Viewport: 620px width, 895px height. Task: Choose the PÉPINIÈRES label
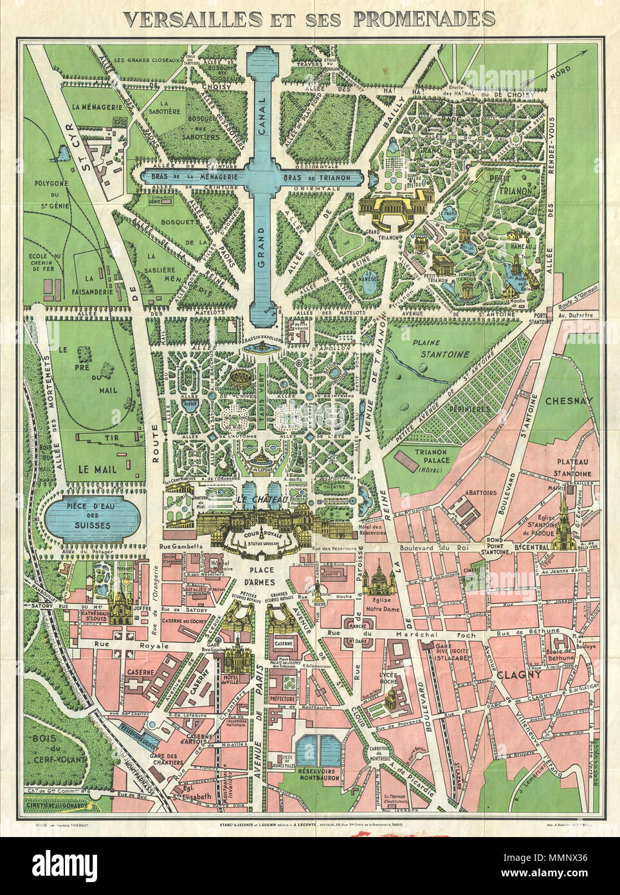470,409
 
